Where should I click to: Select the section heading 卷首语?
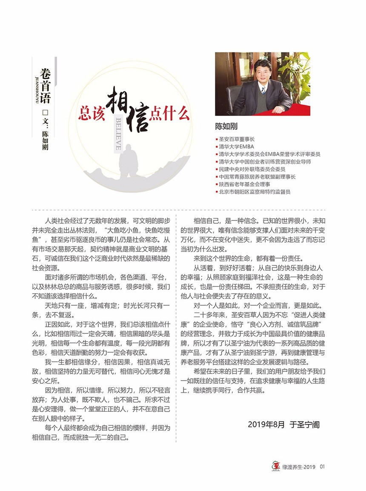pyautogui.click(x=45, y=86)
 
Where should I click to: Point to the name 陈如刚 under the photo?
pyautogui.click(x=226, y=126)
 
